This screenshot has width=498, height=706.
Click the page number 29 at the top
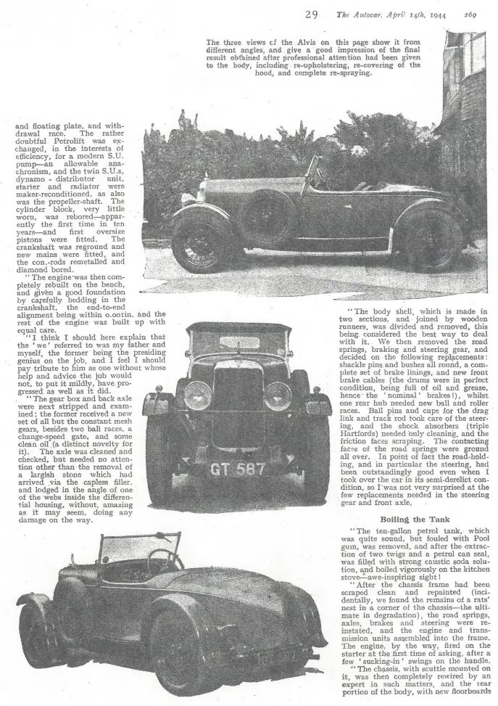[x=311, y=14]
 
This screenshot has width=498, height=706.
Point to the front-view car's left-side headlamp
[x=198, y=395]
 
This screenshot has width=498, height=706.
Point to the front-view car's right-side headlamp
[x=278, y=396]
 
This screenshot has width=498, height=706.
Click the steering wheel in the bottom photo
[x=166, y=559]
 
